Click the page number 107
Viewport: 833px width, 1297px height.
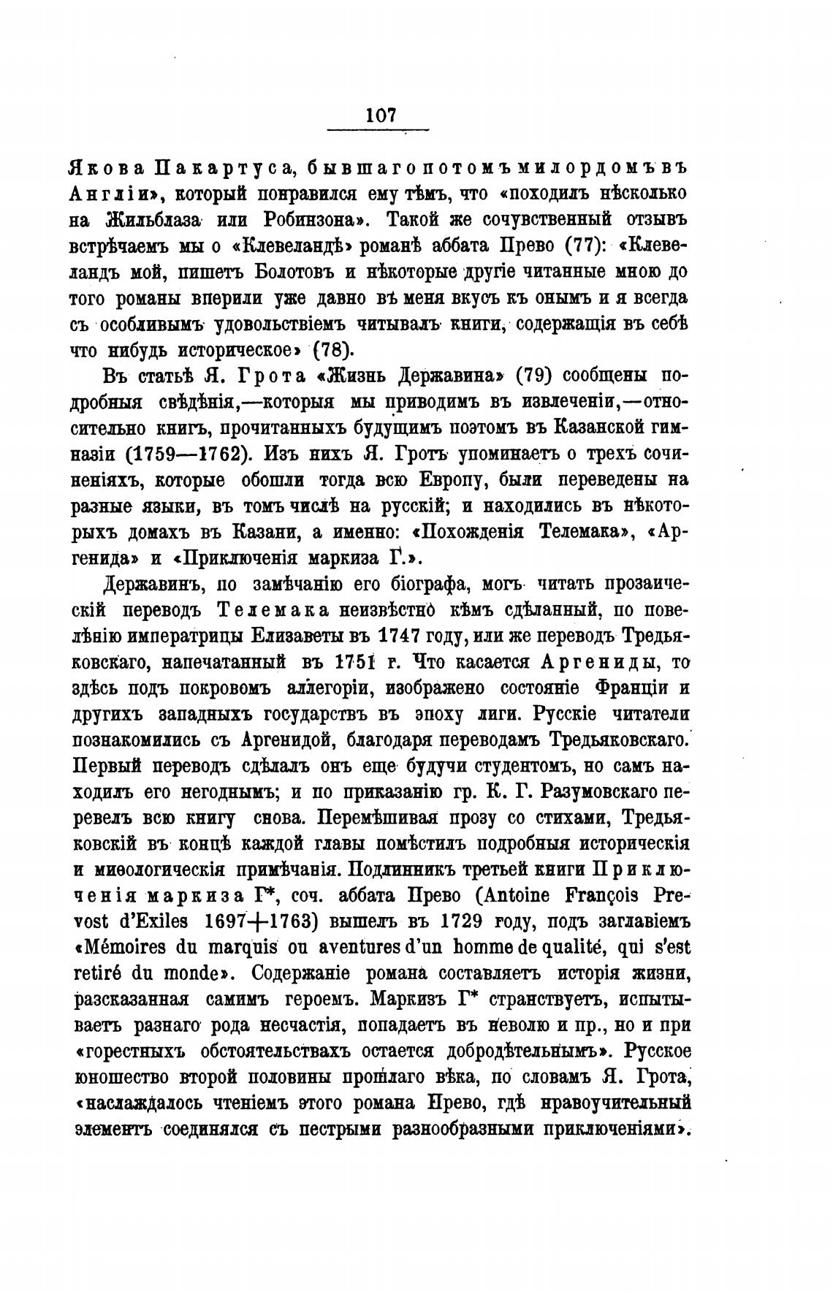(381, 115)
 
